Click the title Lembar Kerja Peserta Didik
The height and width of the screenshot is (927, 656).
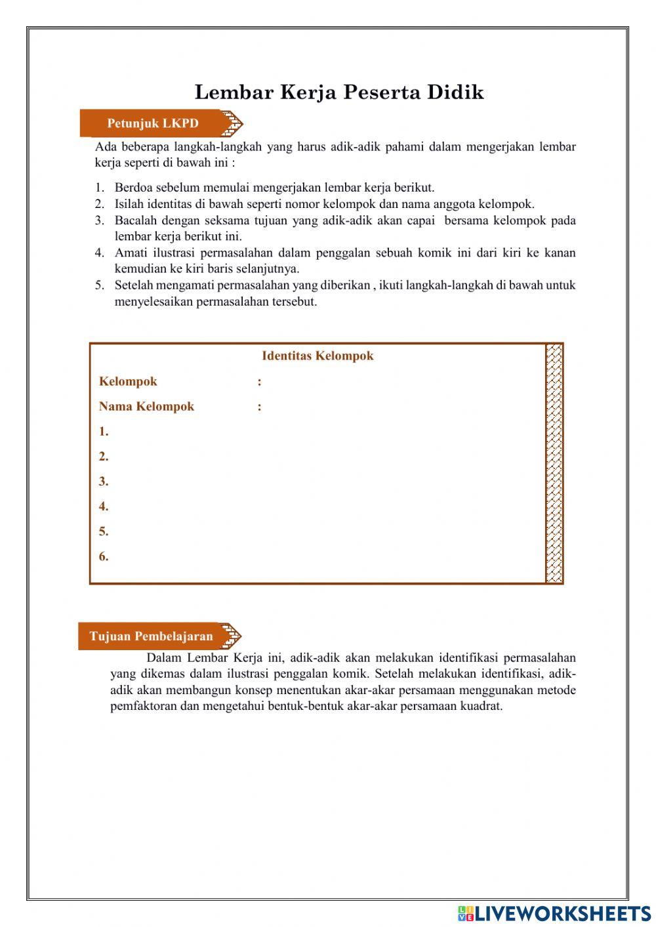point(339,92)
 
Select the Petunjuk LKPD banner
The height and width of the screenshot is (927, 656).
point(153,123)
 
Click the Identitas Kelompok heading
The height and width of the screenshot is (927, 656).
point(318,356)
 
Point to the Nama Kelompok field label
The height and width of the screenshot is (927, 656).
point(146,407)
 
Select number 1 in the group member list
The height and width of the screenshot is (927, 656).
point(104,432)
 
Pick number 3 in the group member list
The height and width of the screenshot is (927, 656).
point(104,482)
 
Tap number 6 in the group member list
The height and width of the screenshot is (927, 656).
point(104,557)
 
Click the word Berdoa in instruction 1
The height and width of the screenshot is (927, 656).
point(134,188)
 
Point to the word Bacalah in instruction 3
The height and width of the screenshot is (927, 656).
point(136,220)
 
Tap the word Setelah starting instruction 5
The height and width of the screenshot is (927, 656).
point(134,285)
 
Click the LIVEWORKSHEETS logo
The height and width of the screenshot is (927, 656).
point(554,913)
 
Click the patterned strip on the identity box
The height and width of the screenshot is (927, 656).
point(554,463)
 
